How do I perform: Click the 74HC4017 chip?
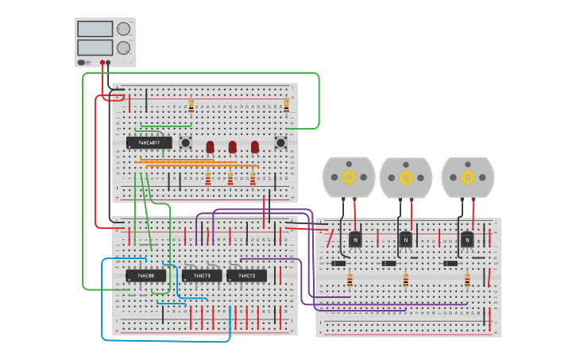149,143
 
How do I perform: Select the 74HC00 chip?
145,276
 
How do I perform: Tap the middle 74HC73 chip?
202,276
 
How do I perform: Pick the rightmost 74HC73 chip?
246,276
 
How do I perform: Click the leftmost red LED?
210,147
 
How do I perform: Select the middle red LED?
232,147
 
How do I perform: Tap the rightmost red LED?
255,147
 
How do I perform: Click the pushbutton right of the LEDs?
280,143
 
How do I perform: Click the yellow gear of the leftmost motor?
349,177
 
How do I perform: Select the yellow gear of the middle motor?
406,177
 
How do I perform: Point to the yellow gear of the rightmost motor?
467,177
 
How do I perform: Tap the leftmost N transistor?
355,238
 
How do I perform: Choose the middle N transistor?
406,238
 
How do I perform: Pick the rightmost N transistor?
467,238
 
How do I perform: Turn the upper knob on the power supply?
123,29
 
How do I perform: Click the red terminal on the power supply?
102,62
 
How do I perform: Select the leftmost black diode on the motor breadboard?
339,263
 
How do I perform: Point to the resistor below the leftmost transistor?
350,280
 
